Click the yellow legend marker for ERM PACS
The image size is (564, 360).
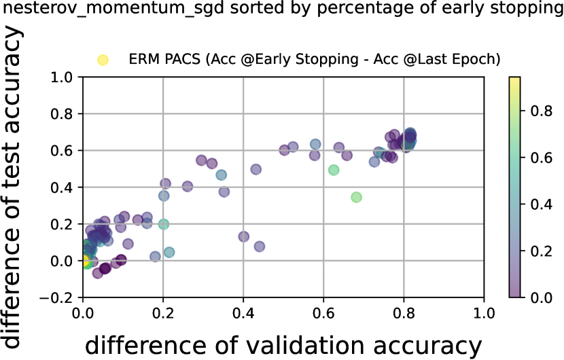103,60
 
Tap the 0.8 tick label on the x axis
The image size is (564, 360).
404,313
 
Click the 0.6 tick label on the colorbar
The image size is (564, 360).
542,158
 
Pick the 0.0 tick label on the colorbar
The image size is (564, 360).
542,298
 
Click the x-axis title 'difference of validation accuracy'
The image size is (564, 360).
283,344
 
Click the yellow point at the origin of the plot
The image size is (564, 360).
84,260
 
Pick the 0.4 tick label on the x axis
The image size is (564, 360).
243,313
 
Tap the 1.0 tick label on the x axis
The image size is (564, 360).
484,313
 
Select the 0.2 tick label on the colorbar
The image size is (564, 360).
542,251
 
